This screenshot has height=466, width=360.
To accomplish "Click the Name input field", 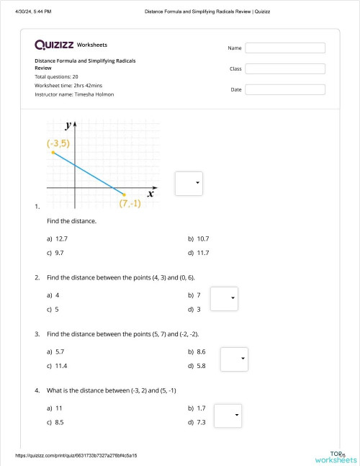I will point(285,48).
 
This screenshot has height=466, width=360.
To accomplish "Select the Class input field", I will point(285,69).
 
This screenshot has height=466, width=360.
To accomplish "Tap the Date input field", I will point(285,90).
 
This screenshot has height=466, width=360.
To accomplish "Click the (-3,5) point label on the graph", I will point(58,144).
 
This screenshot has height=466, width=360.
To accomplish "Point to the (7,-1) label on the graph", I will point(130,203).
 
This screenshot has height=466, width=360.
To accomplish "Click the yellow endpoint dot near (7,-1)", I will point(125,194).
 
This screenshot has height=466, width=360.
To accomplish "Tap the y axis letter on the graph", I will point(68,127).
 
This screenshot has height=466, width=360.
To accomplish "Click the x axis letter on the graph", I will point(150,193).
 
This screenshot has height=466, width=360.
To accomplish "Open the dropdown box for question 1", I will point(189,183).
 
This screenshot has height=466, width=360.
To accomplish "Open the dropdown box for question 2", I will point(223,298).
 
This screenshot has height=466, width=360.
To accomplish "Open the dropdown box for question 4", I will point(229,415).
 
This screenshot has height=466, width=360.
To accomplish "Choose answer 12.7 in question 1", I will point(61,238).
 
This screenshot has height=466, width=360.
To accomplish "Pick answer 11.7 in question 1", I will point(202,252).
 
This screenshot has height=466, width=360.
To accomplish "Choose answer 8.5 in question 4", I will point(60,422).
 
